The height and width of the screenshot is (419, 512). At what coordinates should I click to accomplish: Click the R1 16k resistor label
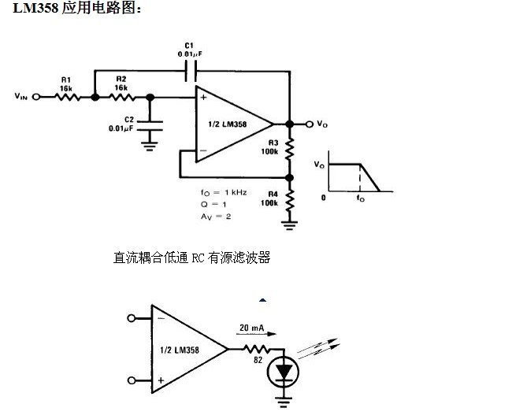[x=66, y=84]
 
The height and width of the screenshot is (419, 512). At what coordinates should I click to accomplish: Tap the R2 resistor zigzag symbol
[x=123, y=98]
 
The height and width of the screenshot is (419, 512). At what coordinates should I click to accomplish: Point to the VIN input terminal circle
[x=35, y=98]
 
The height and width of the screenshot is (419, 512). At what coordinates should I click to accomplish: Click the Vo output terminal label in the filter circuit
[x=321, y=124]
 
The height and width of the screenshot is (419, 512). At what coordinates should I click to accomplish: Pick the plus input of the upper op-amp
[x=204, y=98]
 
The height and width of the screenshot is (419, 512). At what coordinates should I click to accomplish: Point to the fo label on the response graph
[x=361, y=198]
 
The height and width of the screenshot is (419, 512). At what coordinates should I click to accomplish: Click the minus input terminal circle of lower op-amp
[x=131, y=319]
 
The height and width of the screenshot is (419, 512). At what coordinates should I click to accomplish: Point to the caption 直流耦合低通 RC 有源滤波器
[x=192, y=258]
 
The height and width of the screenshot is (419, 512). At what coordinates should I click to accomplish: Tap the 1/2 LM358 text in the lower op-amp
[x=179, y=350]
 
